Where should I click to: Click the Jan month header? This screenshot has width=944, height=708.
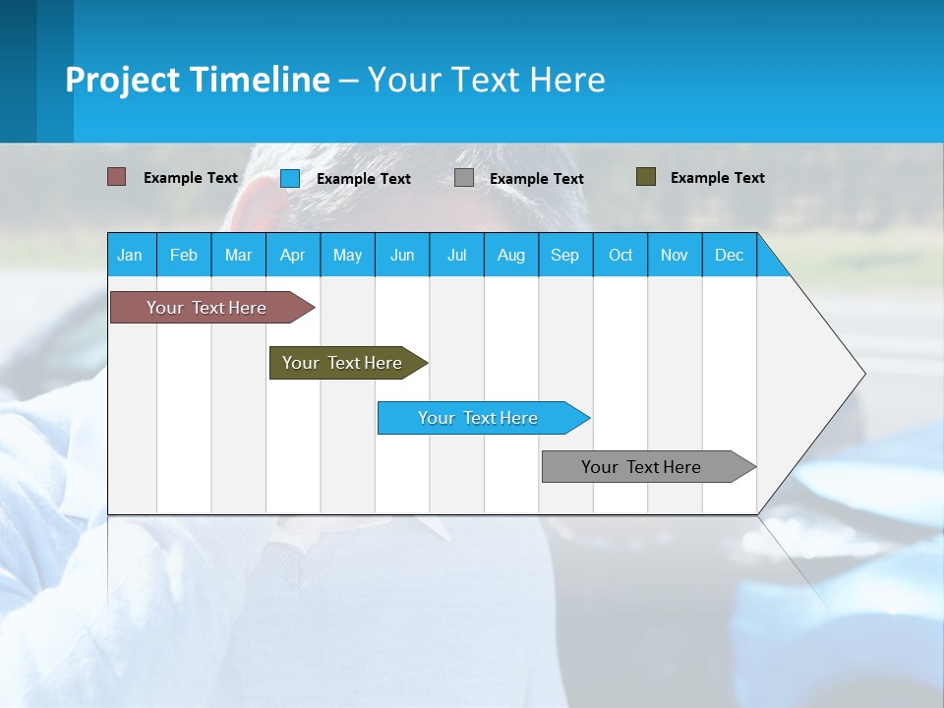[x=130, y=256]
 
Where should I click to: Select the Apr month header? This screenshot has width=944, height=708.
[x=292, y=256]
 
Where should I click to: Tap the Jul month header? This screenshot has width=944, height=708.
[x=456, y=256]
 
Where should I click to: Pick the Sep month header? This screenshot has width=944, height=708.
[x=564, y=256]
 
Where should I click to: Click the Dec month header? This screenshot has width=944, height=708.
[x=729, y=256]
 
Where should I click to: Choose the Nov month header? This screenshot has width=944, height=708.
[x=674, y=256]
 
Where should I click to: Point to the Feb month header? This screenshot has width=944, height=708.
[x=184, y=256]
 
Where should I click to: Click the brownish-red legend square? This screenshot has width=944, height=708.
[x=116, y=177]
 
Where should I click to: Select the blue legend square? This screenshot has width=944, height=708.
[x=289, y=178]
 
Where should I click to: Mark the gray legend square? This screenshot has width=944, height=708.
[x=463, y=178]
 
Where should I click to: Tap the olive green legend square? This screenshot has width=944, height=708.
[x=645, y=177]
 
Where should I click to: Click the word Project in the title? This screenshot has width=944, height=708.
[x=123, y=80]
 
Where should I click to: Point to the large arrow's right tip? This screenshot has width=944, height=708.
[x=863, y=374]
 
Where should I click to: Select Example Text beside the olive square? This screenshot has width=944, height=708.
[x=717, y=178]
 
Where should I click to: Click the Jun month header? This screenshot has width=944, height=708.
[x=401, y=256]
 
